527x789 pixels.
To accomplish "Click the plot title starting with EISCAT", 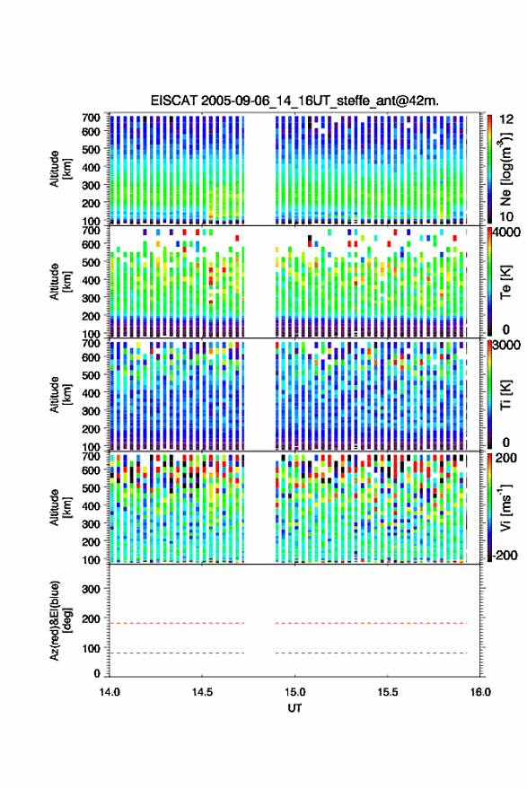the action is point(294,101).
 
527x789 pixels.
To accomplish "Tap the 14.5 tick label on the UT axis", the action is point(202,692).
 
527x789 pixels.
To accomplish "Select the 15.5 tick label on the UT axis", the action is point(388,692).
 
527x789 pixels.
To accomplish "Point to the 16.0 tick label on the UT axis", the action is point(480,692).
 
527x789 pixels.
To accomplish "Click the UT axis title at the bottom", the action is point(294,708).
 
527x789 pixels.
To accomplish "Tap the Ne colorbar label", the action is point(505,169).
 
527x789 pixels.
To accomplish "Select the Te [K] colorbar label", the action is point(505,282).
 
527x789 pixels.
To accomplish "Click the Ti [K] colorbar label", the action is point(505,395).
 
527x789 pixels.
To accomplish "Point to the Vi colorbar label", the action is point(505,507).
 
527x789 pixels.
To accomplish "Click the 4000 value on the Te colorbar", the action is point(505,232).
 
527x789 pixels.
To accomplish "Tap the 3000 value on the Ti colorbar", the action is point(505,346).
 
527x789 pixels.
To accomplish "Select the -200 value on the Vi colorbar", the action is point(505,556).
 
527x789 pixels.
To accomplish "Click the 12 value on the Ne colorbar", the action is point(506,119).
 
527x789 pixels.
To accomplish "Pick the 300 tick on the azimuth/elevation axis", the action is point(91,589).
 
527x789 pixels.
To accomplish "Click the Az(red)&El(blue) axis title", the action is point(60,620).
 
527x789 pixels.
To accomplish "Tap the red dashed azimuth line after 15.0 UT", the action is point(372,623).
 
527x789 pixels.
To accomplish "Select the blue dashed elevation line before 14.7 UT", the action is point(177,653).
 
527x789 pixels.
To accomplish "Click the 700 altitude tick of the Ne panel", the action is point(91,118).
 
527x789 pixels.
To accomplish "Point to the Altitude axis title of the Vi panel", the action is point(60,507).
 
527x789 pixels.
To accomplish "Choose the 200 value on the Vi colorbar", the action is point(506,458).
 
